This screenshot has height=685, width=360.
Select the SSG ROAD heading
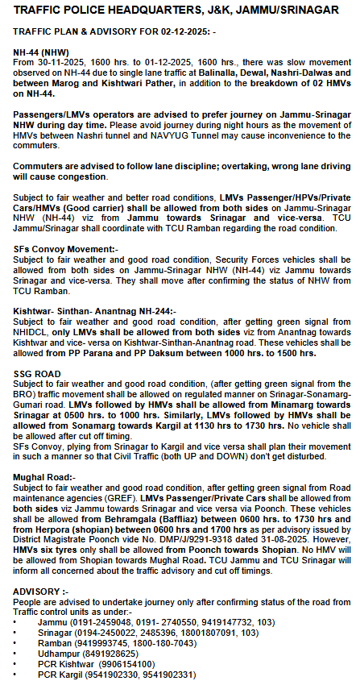coord(37,376)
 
